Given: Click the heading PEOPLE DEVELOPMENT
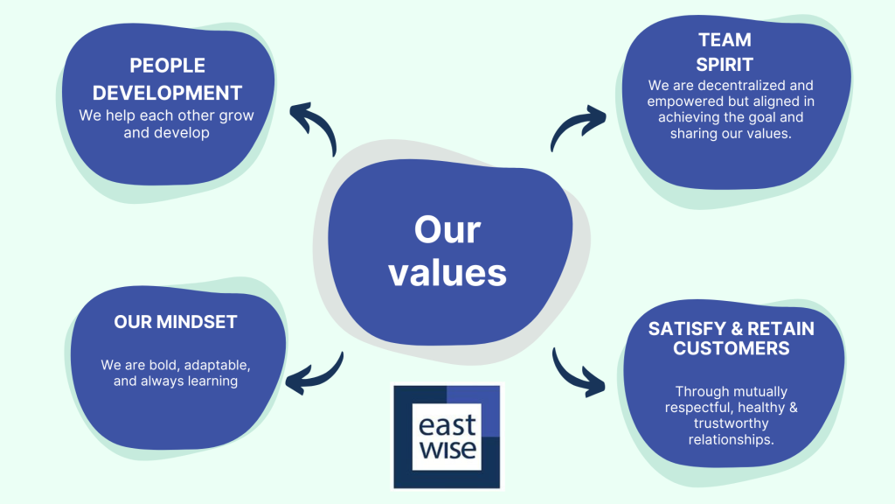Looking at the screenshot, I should point(167,79).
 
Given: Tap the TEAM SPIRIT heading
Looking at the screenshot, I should point(725,52).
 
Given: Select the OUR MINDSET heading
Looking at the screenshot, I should point(176,322).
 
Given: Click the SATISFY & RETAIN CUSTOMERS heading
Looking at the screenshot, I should point(731,339).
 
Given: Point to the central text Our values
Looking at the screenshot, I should point(447,252).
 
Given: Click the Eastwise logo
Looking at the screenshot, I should point(447,435).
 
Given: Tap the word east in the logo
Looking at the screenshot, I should point(447,426).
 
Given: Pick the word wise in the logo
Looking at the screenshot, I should point(447,451).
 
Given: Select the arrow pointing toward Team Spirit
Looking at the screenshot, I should point(578,128).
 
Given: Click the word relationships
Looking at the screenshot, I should point(731,439).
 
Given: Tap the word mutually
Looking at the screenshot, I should point(754,392).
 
